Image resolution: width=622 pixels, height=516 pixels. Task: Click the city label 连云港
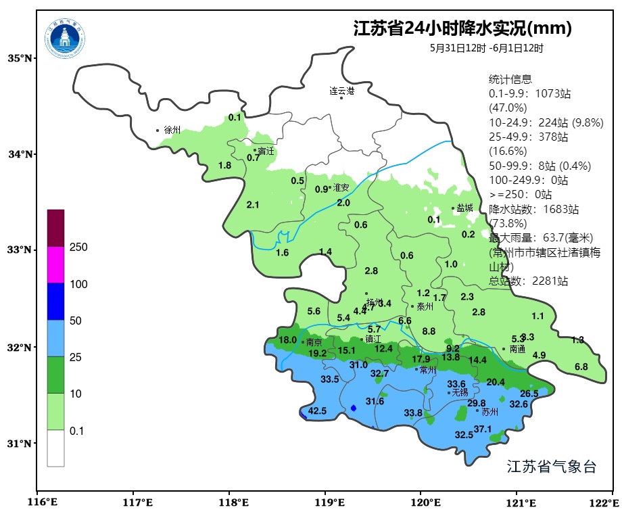341,91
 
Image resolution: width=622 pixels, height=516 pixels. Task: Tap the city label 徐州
172,130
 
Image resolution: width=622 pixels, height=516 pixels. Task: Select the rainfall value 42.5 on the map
317,411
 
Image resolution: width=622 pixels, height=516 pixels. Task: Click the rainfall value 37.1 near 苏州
482,429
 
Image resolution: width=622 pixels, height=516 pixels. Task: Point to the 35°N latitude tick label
20,59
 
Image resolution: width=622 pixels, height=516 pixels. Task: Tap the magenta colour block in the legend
55,264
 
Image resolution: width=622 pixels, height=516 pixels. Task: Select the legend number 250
78,248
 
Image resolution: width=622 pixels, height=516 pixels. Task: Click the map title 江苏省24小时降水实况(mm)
462,29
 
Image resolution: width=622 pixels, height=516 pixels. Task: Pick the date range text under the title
486,48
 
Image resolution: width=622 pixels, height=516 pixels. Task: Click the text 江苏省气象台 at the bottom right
551,467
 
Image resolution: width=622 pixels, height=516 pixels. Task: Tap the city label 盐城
464,208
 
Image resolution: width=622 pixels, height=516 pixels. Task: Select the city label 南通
517,350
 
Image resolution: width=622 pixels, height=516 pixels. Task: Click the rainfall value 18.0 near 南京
287,339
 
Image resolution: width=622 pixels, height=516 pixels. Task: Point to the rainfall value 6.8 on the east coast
581,367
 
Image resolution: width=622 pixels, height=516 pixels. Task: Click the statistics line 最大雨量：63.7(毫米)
540,237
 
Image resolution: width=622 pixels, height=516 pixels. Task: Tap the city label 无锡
460,392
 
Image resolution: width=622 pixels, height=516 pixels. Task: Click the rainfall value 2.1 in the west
253,205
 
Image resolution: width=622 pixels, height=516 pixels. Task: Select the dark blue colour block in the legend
55,301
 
